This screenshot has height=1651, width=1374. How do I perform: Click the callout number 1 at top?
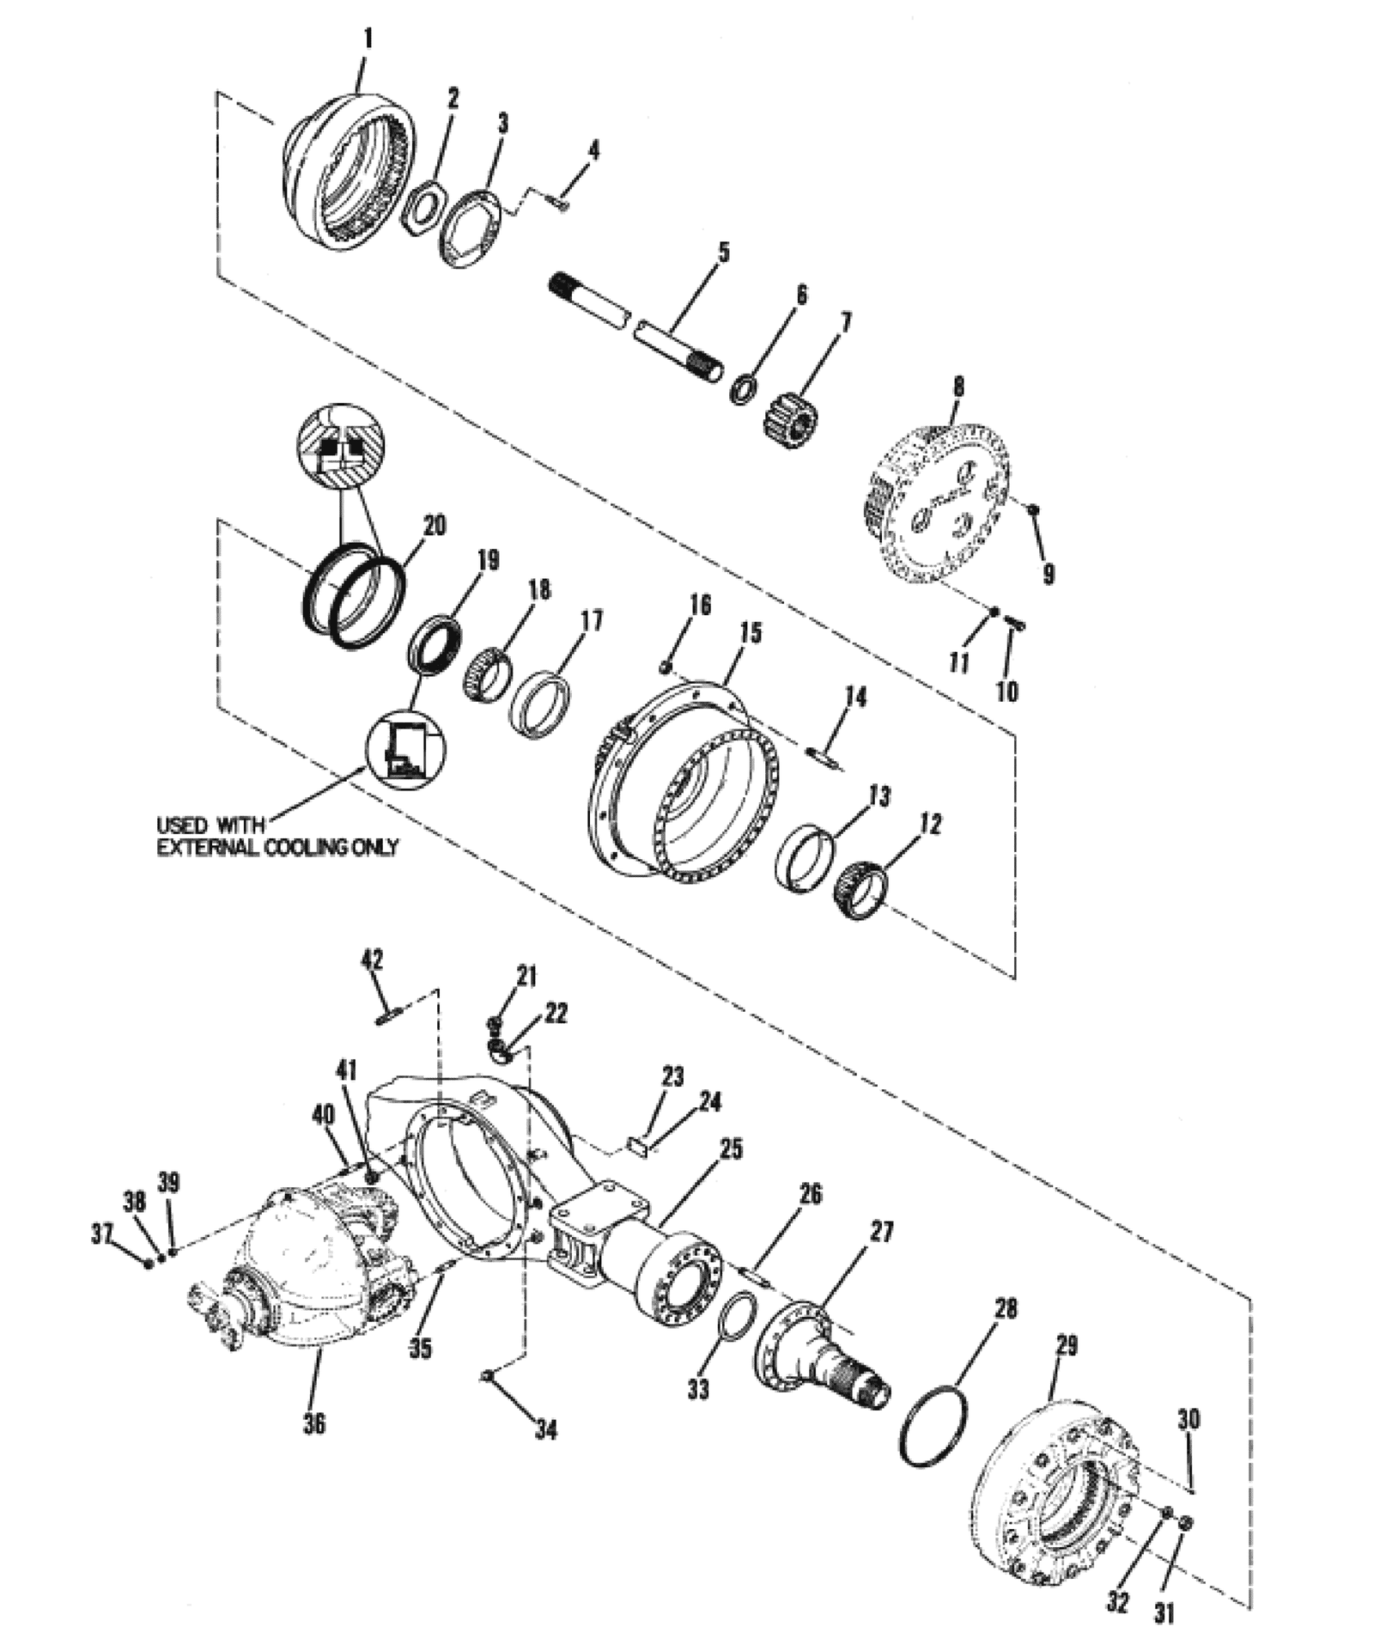coord(368,40)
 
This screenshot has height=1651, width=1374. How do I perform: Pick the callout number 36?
coord(314,1423)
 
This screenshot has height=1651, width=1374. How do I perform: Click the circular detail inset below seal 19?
coord(405,748)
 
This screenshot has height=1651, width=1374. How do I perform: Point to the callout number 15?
coord(750,634)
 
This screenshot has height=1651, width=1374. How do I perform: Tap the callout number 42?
coord(372,960)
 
